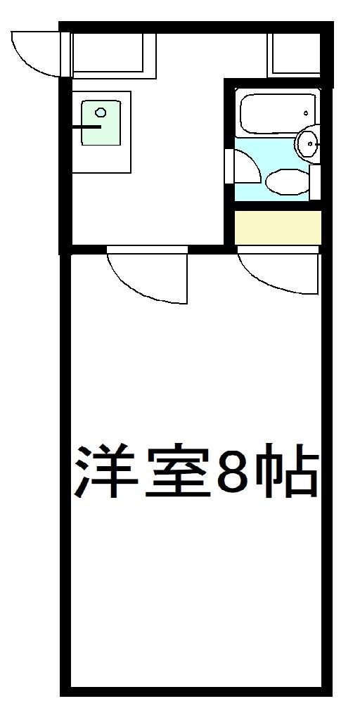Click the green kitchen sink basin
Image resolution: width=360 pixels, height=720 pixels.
point(101,124)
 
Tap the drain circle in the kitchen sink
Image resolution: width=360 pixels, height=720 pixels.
point(101,112)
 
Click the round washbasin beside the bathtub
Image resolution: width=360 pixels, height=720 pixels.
point(307,144)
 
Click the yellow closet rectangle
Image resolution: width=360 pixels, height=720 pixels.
point(277,226)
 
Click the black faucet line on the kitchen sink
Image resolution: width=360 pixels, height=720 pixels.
point(87,127)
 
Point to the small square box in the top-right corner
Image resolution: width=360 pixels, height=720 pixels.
point(293,53)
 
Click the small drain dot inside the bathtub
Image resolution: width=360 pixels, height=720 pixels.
point(305,112)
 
